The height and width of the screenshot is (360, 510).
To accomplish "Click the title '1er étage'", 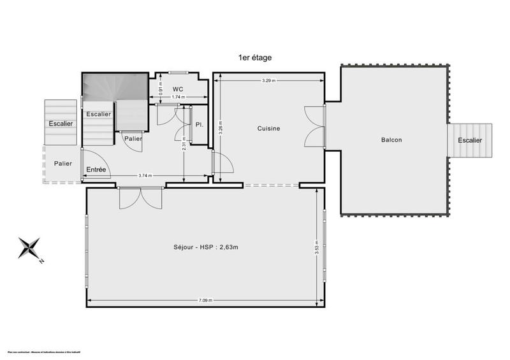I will tap(255, 57).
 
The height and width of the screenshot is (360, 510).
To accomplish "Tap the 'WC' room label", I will tap(178, 89).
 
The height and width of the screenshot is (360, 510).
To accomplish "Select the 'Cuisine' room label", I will tap(268, 129).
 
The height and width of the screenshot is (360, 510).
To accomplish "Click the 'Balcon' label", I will tap(391, 140).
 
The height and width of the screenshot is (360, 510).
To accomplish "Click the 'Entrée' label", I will tap(96, 169).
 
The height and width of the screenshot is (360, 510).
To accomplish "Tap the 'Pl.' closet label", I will tap(200, 124).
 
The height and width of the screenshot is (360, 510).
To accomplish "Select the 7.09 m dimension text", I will tap(205, 300).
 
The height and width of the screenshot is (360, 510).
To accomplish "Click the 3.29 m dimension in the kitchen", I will tap(269, 81).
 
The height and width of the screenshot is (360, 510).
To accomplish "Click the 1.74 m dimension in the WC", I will tap(178, 97).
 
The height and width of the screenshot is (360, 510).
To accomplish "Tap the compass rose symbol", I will tap(30, 248).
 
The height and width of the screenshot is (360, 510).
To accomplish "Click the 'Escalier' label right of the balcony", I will tap(469, 140).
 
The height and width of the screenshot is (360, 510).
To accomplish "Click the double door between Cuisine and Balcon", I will tap(316, 127).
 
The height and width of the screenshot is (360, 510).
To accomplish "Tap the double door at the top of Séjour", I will tap(141, 198).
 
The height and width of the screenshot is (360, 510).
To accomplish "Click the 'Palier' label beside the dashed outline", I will tap(62, 164).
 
